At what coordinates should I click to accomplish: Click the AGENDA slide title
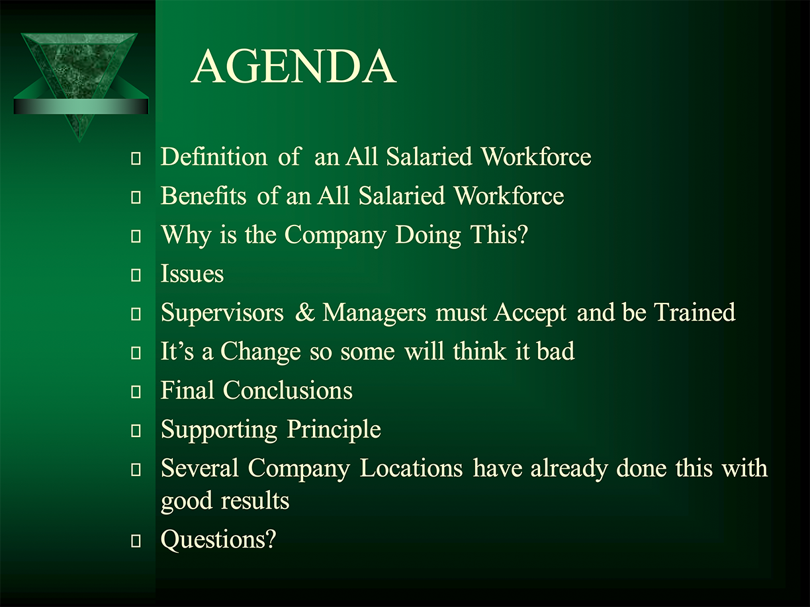point(294,66)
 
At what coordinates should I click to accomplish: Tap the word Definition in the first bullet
point(214,156)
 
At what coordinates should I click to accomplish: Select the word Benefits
point(203,195)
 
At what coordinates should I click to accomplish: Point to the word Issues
point(193,274)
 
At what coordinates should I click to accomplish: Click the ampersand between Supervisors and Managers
point(305,313)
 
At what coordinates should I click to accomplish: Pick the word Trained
point(694,313)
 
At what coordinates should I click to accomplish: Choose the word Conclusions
point(287,390)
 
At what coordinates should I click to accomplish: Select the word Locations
point(411,468)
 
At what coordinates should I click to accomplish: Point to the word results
point(255,501)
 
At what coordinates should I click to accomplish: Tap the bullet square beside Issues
point(136,275)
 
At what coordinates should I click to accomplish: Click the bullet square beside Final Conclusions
point(136,391)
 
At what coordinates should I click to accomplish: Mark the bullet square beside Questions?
point(136,541)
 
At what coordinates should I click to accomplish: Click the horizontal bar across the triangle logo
point(81,106)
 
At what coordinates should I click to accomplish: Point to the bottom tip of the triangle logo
point(79,142)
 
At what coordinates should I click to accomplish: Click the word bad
point(556,351)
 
